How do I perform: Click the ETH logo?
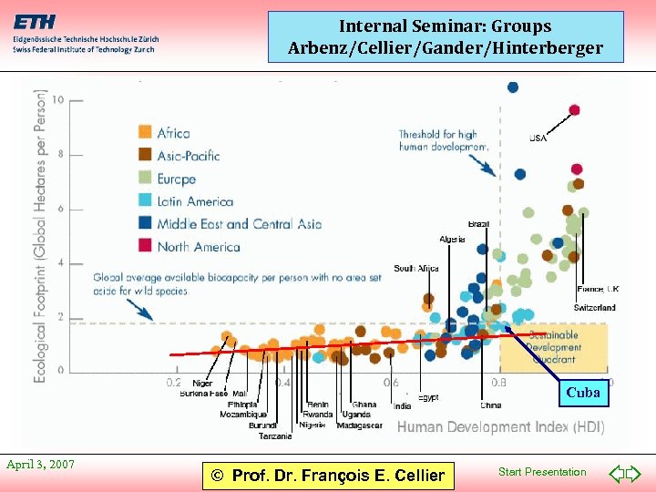[x=34, y=22]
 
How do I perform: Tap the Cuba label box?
[x=583, y=393]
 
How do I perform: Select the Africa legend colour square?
[x=145, y=133]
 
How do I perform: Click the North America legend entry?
[x=198, y=246]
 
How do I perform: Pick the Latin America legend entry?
[x=194, y=201]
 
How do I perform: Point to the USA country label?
[x=538, y=138]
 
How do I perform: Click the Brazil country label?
[x=478, y=224]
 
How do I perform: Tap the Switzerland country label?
[x=594, y=308]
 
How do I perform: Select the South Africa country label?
[x=416, y=269]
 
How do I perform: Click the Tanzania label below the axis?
[x=275, y=436]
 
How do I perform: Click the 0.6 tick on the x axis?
[x=391, y=383]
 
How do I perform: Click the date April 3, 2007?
[x=40, y=465]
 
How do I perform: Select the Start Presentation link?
[x=542, y=472]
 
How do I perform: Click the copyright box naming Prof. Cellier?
[x=328, y=475]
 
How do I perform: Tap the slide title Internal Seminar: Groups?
[x=446, y=26]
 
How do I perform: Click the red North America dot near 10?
[x=574, y=110]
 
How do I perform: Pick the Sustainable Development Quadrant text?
[x=553, y=347]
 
